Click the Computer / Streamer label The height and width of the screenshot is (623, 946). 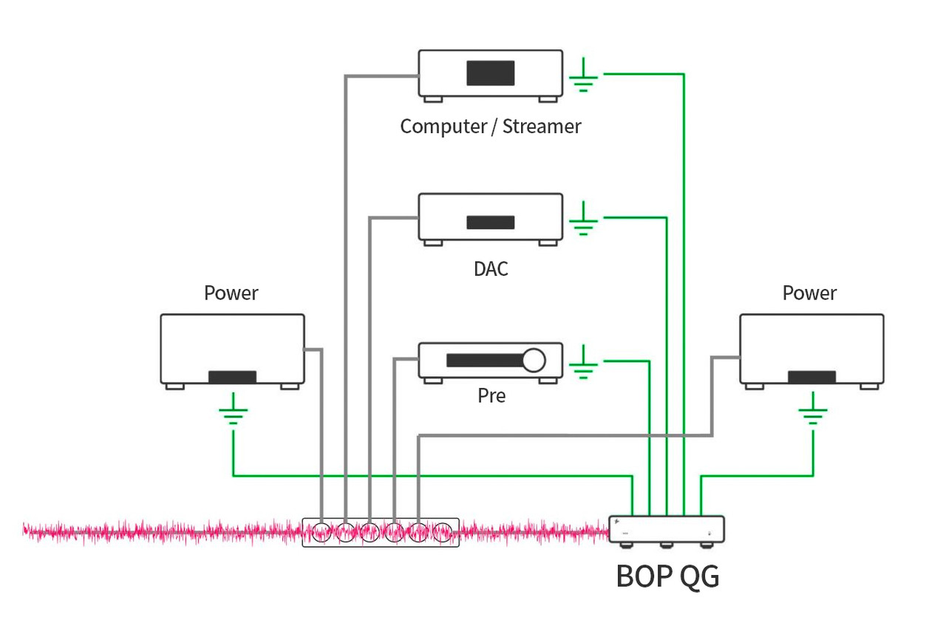[x=491, y=126]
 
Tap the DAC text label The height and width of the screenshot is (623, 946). [x=491, y=268]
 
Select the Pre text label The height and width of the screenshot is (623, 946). [x=491, y=396]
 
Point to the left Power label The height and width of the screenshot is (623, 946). [x=231, y=293]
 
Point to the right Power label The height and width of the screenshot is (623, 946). [x=810, y=293]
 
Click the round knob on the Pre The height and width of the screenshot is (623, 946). [x=534, y=360]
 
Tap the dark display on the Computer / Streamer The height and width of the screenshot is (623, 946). [x=491, y=73]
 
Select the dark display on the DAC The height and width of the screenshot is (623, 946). [x=491, y=222]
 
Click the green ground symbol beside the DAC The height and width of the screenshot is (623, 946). [x=584, y=219]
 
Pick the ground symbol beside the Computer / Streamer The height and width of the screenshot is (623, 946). [x=584, y=75]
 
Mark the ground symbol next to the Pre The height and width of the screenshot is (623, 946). [x=584, y=363]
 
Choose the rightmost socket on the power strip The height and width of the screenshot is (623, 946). [x=442, y=532]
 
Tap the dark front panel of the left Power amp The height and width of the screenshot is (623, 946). [x=232, y=377]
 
